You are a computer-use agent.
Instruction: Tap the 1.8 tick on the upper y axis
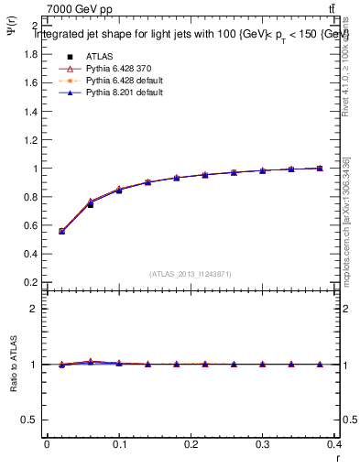click(30, 54)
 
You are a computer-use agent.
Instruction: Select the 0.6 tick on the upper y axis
click(30, 226)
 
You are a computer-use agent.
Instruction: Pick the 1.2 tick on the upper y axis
click(30, 140)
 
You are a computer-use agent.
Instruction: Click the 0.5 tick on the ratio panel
click(30, 420)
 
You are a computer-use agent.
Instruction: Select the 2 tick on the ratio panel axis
click(35, 309)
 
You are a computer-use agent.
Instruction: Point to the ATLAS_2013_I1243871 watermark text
click(191, 274)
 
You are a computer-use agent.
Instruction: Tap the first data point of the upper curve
click(61, 231)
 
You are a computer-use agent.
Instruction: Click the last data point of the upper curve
click(320, 169)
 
